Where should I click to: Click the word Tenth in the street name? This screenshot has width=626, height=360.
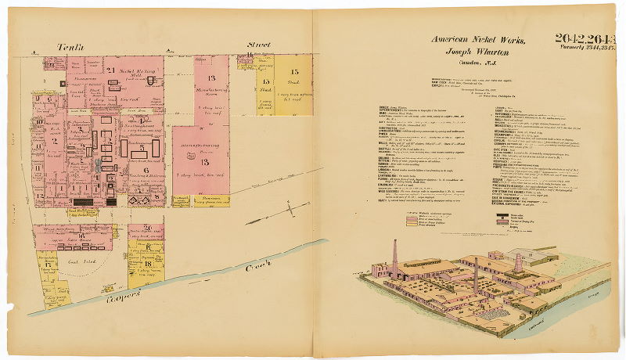point(71,49)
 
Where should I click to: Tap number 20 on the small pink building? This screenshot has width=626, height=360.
point(148,228)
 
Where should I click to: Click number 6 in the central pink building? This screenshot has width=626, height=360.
point(145,170)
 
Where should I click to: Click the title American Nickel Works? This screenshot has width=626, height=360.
point(477,41)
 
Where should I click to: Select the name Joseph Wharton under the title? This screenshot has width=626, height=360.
point(477,52)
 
